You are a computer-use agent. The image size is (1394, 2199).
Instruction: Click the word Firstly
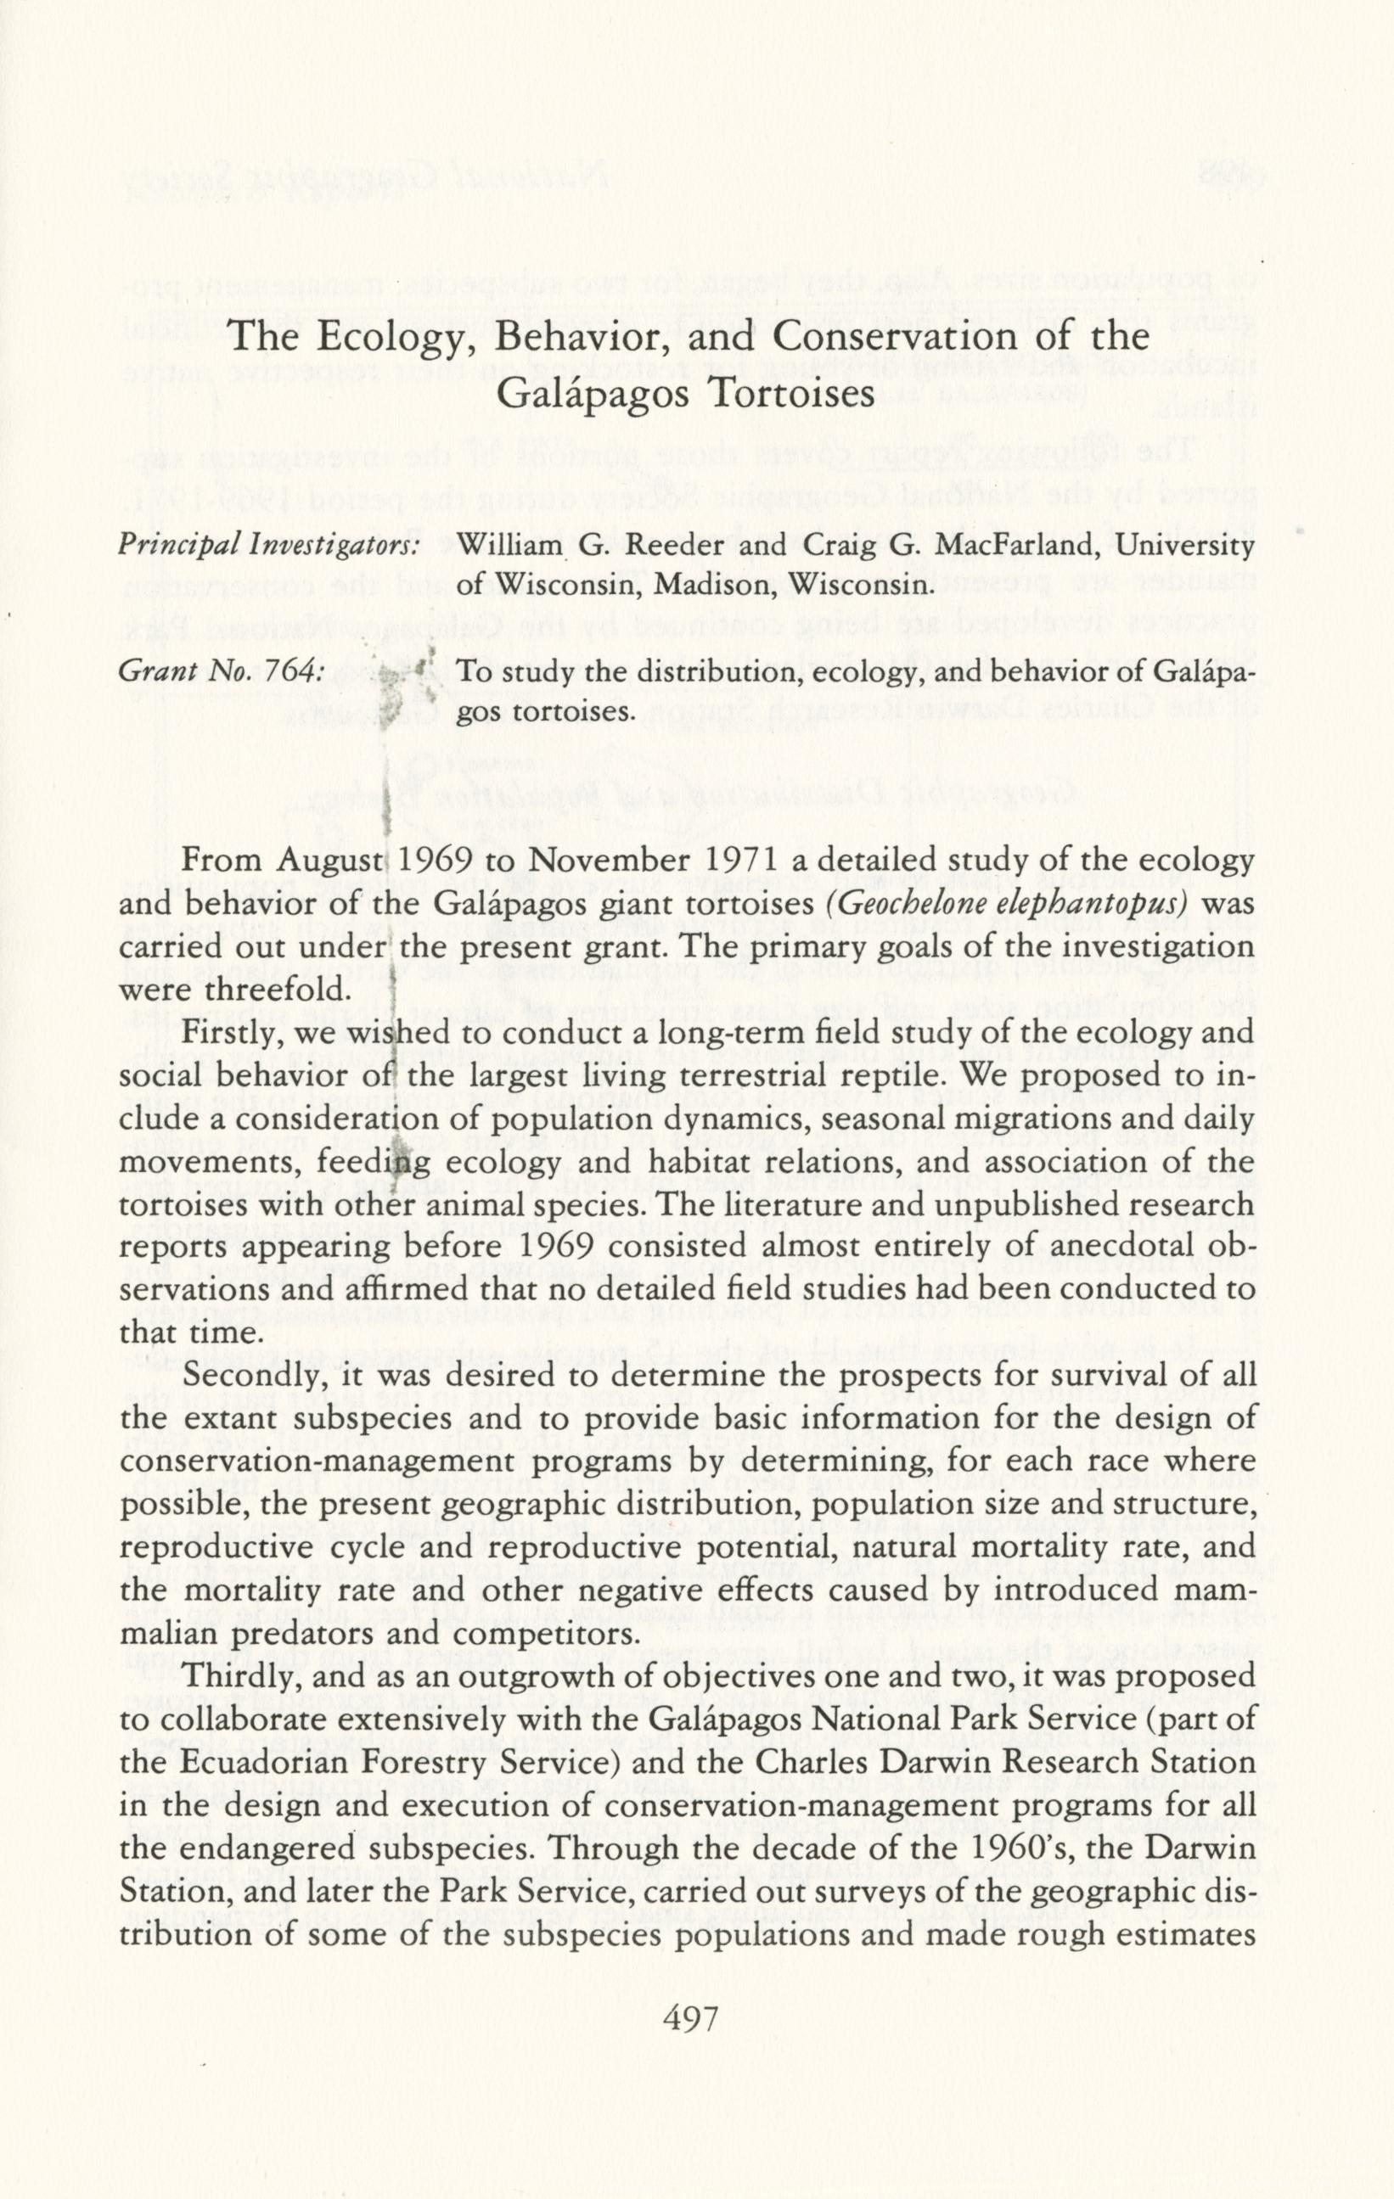pos(231,1035)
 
